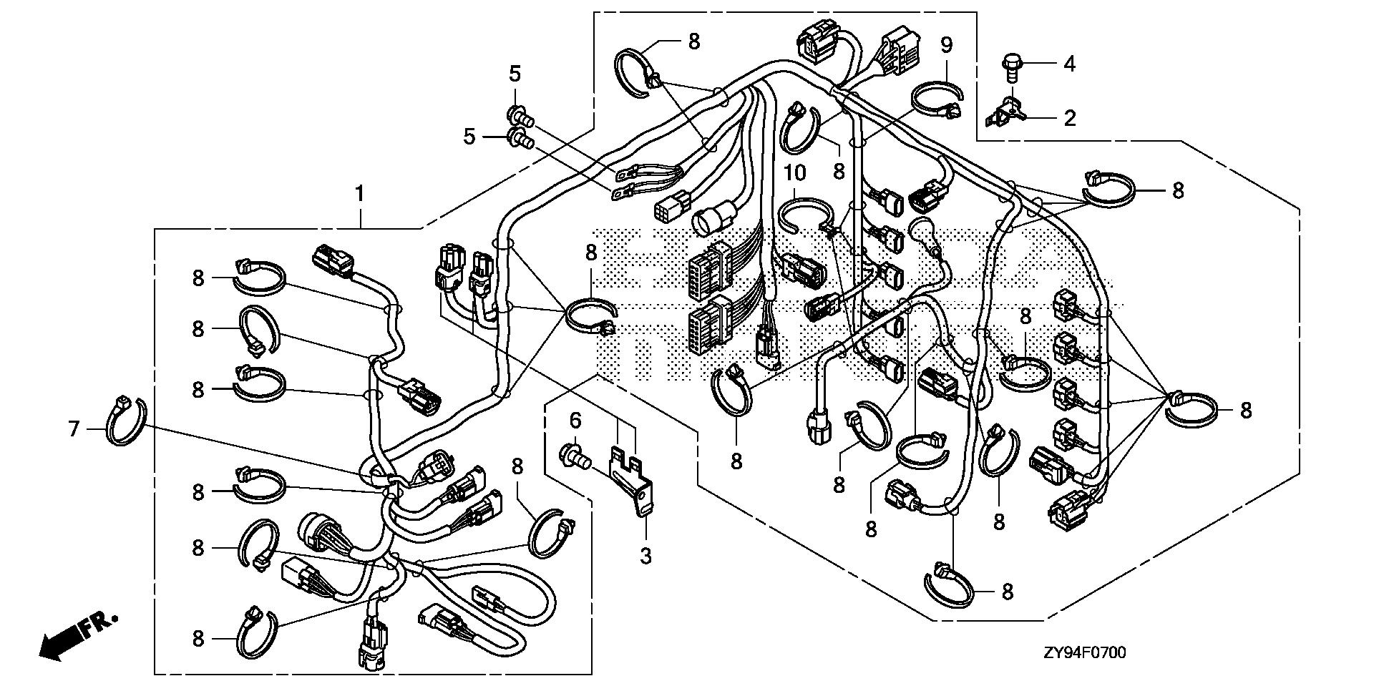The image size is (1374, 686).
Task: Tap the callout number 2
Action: click(x=1069, y=118)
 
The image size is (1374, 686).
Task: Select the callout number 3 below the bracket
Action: click(x=646, y=556)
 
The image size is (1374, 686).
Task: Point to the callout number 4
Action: click(x=1069, y=64)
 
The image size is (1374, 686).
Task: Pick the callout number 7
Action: click(x=73, y=429)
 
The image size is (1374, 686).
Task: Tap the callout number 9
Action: click(x=947, y=46)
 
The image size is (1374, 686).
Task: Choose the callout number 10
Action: click(x=796, y=173)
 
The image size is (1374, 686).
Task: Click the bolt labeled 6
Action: click(x=574, y=455)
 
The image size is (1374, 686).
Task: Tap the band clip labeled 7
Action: click(x=126, y=422)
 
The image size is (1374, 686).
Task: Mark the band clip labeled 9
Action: click(x=937, y=99)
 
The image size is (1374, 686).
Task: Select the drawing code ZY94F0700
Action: click(x=1085, y=652)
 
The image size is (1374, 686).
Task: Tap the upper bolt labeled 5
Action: click(x=520, y=114)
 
